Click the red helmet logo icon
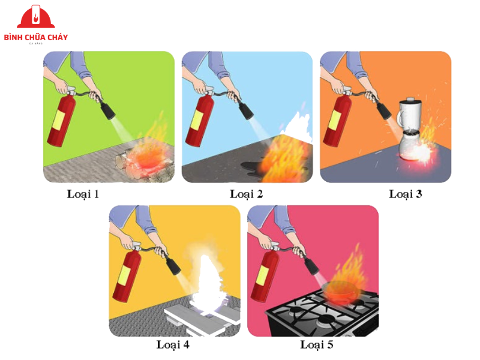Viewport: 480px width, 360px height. (x=35, y=17)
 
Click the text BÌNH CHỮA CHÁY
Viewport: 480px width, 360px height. (x=35, y=37)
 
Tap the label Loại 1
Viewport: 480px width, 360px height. (x=83, y=194)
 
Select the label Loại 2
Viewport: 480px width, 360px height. (x=247, y=194)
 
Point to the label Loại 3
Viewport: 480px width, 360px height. (x=406, y=194)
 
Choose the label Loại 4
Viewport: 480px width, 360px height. (x=173, y=344)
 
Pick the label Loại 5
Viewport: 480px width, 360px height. (x=316, y=344)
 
